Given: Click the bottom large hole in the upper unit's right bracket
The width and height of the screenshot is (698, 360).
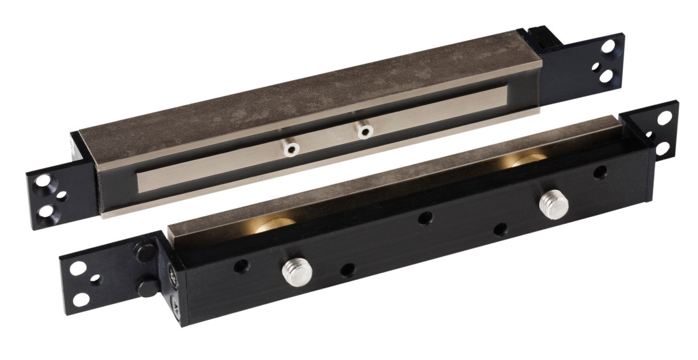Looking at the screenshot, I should tap(605, 75).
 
